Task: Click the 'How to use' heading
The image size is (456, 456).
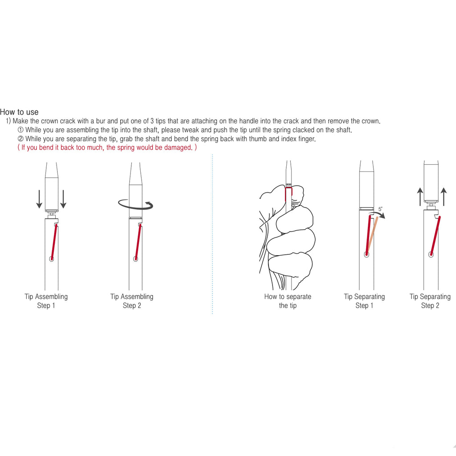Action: pyautogui.click(x=19, y=112)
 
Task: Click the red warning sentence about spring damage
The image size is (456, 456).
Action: pyautogui.click(x=107, y=147)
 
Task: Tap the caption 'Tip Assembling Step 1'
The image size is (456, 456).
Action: pyautogui.click(x=46, y=301)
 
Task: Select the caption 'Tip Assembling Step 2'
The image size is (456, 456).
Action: pyautogui.click(x=132, y=301)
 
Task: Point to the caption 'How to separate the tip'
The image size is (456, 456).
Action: pyautogui.click(x=288, y=301)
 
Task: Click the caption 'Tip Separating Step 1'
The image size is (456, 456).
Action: pyautogui.click(x=364, y=301)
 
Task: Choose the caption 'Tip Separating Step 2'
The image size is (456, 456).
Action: pyautogui.click(x=430, y=301)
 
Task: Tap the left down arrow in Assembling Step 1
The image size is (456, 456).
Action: pyautogui.click(x=39, y=199)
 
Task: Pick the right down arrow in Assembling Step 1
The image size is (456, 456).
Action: pyautogui.click(x=63, y=199)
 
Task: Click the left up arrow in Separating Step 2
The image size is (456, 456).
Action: pyautogui.click(x=420, y=196)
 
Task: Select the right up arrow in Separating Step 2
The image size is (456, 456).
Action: pyautogui.click(x=444, y=196)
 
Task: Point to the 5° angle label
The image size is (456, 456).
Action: pyautogui.click(x=380, y=209)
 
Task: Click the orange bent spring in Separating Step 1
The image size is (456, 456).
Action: pyautogui.click(x=372, y=234)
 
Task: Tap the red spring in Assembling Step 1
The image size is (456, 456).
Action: pyautogui.click(x=54, y=241)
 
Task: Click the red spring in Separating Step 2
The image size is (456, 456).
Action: pyautogui.click(x=436, y=235)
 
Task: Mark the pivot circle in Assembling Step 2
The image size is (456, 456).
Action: pyautogui.click(x=135, y=259)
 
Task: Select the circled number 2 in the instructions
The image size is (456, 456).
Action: pyautogui.click(x=20, y=139)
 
